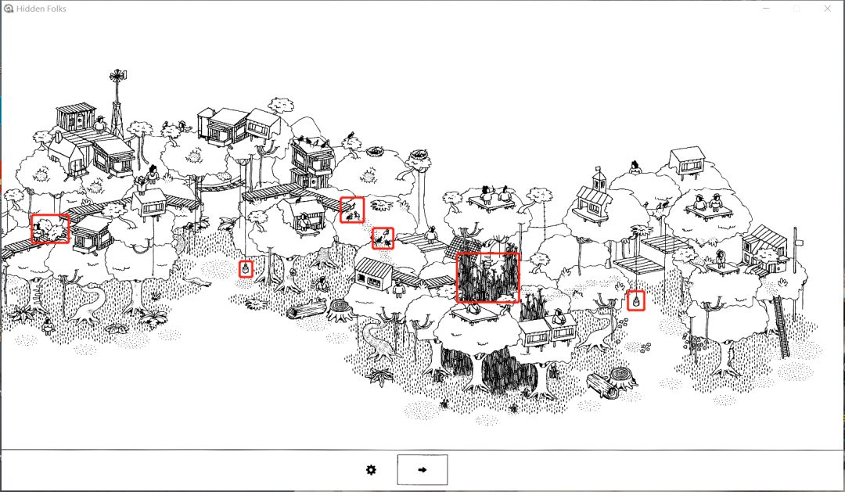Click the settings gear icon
(371, 470)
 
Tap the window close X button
(827, 9)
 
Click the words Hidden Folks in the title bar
(41, 9)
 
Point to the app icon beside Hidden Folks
(8, 9)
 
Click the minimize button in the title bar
(766, 9)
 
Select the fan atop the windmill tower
(117, 76)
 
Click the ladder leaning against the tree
(782, 326)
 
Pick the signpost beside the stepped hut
(796, 253)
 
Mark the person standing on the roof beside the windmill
(99, 124)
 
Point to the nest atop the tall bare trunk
(420, 156)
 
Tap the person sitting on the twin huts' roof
(559, 318)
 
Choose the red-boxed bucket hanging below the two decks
(636, 300)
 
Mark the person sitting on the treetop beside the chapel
(635, 167)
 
